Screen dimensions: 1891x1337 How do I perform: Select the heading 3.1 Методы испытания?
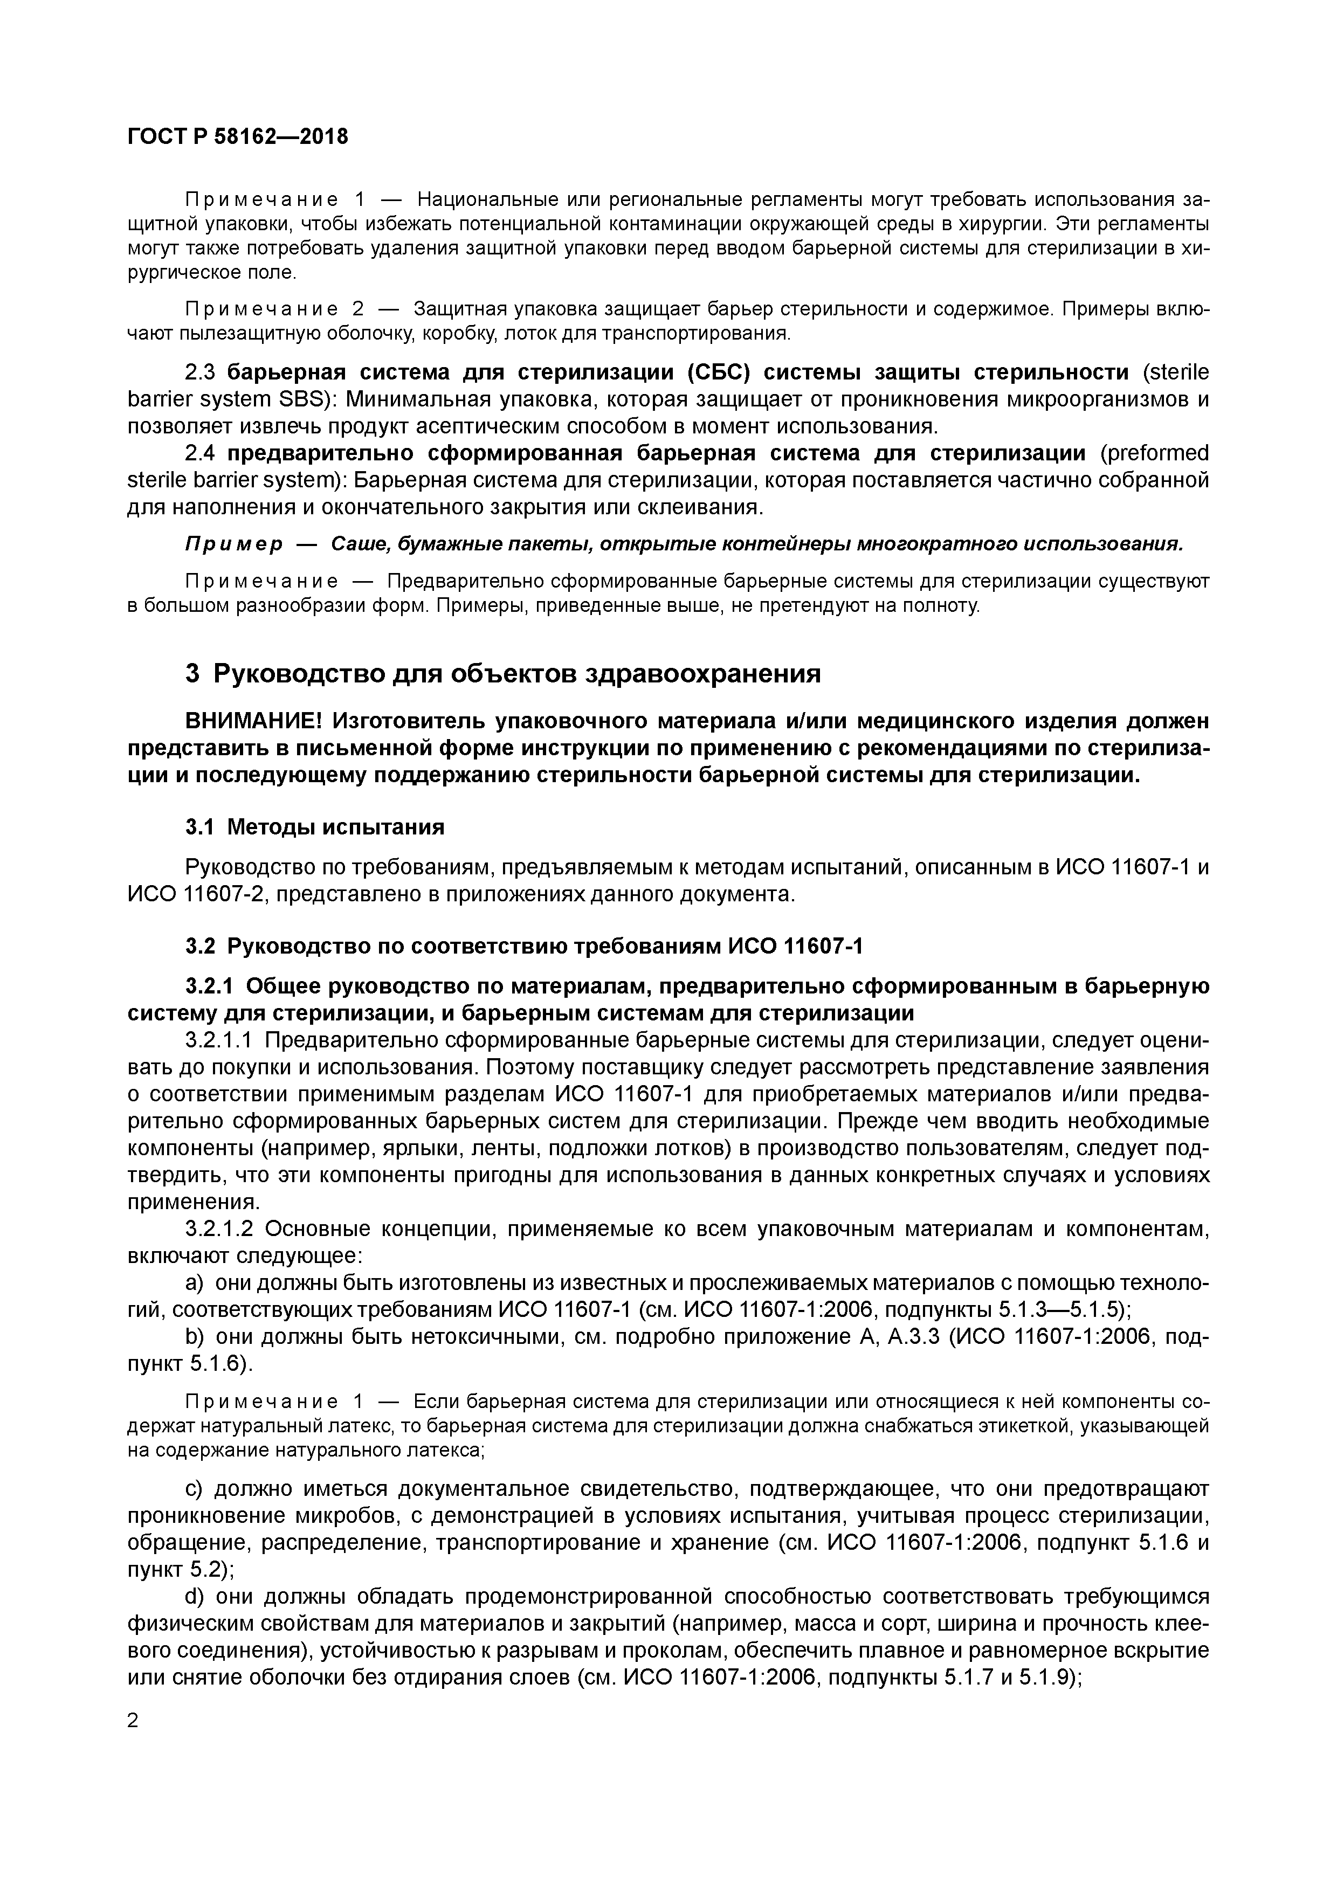pos(315,827)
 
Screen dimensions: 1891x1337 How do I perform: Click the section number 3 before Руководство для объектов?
pos(193,674)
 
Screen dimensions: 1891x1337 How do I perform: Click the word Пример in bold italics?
pos(233,544)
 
